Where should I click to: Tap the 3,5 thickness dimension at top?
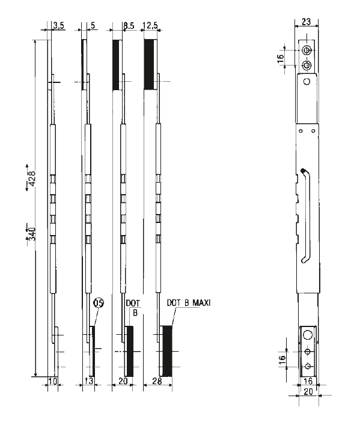[59, 25]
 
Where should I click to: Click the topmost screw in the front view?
[307, 50]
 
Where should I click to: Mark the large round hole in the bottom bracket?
[307, 334]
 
